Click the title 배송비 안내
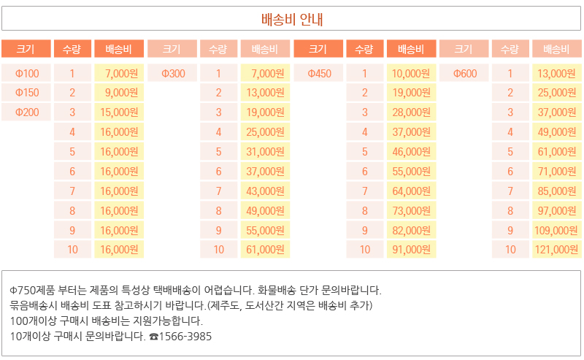292,20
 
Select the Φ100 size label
27,73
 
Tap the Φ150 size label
27,93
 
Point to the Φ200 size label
27,112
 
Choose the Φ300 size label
173,73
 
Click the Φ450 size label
319,73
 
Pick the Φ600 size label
465,73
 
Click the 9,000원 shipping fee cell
120,93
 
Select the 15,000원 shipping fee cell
119,112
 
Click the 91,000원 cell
411,250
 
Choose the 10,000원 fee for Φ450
411,73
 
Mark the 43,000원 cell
265,191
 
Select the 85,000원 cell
557,191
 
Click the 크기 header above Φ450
318,49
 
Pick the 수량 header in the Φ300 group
218,49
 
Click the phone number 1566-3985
185,337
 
